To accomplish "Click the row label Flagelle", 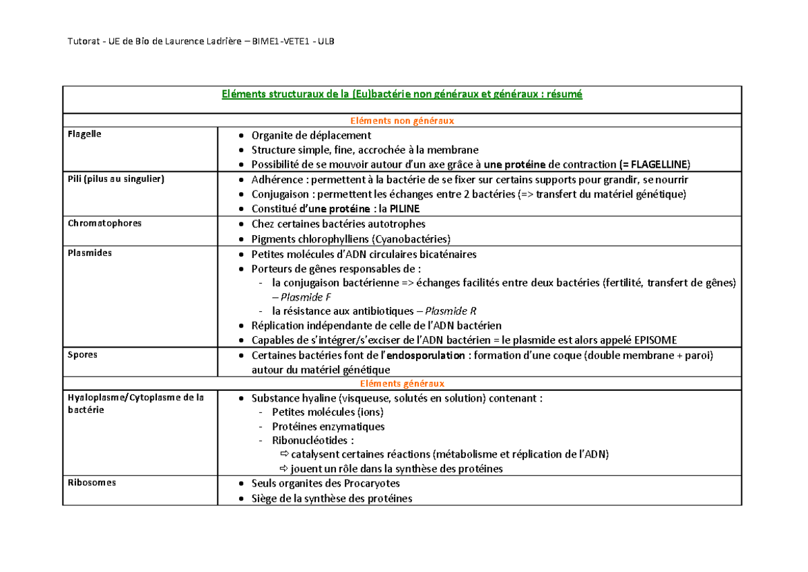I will pyautogui.click(x=84, y=134).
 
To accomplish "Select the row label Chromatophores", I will pyautogui.click(x=104, y=223).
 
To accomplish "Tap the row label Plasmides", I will pyautogui.click(x=90, y=253).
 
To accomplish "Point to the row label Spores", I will pyautogui.click(x=82, y=354).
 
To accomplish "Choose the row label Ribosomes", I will pyautogui.click(x=92, y=482).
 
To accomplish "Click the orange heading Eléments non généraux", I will pyautogui.click(x=402, y=121).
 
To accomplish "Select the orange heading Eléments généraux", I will pyautogui.click(x=402, y=383).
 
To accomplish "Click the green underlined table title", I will pyautogui.click(x=402, y=94).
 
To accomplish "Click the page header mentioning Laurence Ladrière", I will pyautogui.click(x=201, y=42).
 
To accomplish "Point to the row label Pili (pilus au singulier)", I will pyautogui.click(x=116, y=179).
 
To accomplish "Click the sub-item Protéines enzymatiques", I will pyautogui.click(x=328, y=426).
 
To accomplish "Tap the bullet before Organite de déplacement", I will pyautogui.click(x=242, y=135).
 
